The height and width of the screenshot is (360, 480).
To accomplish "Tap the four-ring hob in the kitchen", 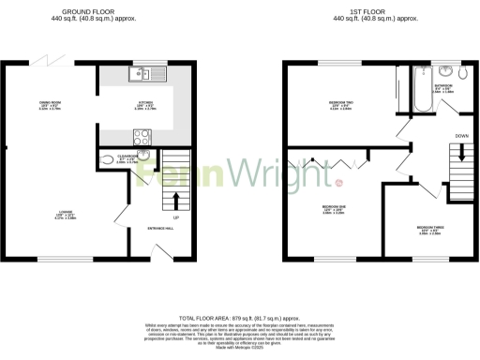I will tap(144, 135).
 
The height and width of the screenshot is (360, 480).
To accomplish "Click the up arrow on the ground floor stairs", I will tap(173, 199).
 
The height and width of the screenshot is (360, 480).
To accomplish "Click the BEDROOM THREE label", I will tap(429, 228).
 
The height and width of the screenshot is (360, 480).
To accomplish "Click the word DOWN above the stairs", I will tap(461, 137).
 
